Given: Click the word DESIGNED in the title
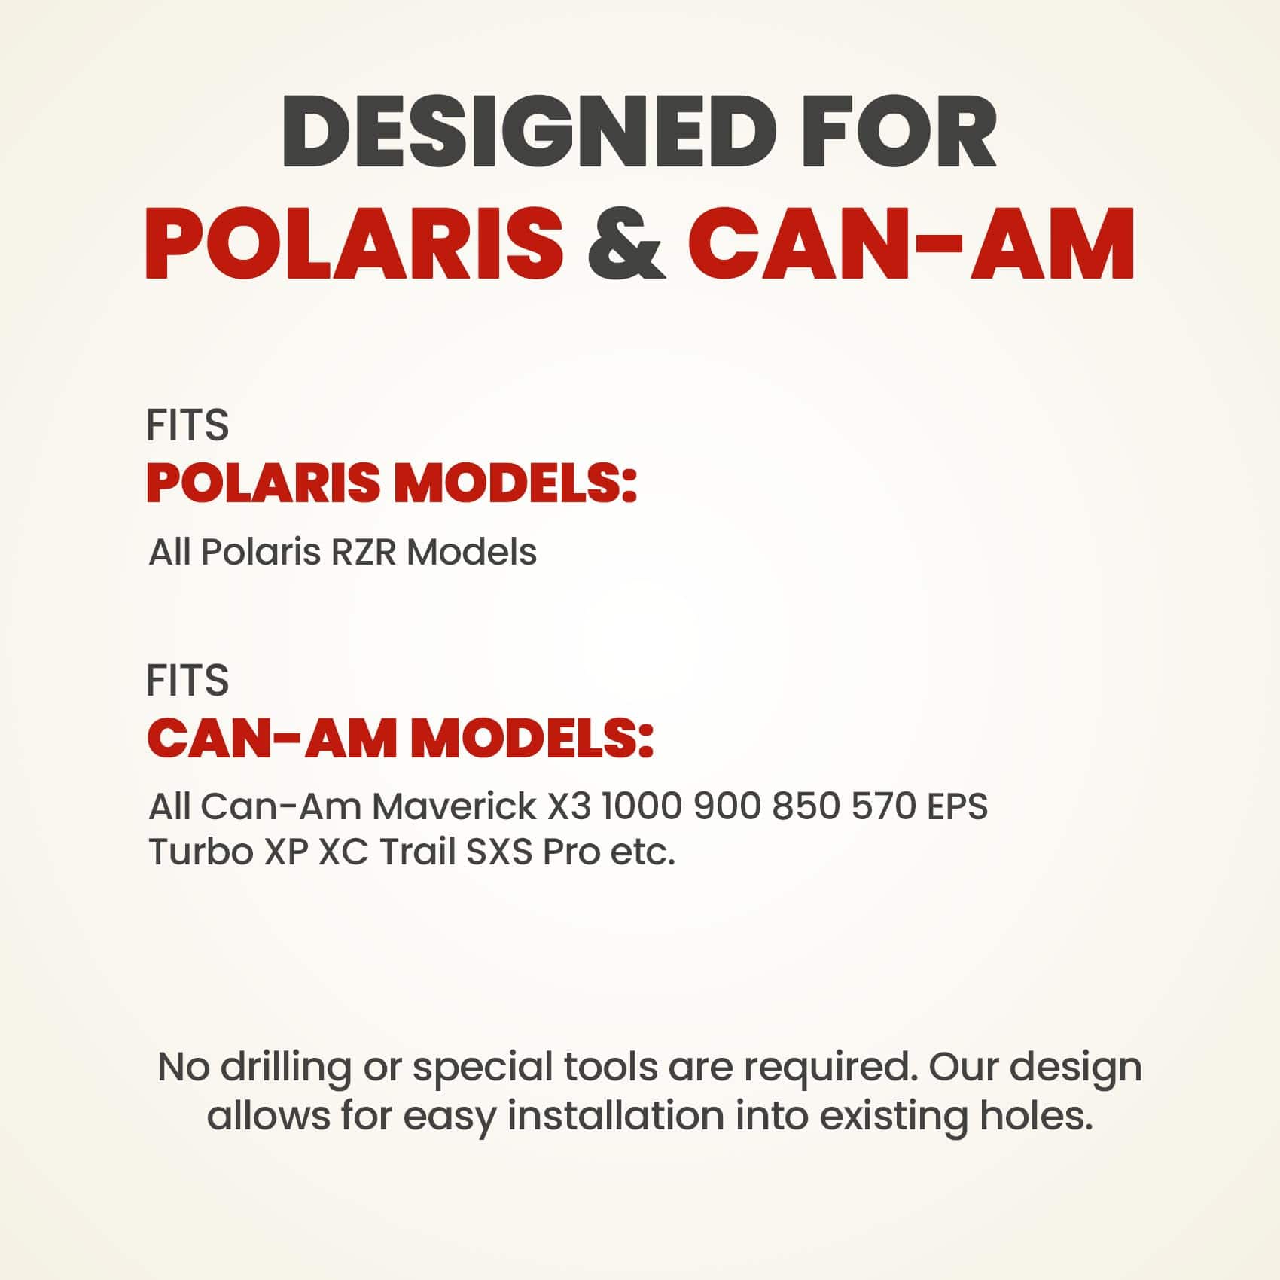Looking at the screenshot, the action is pyautogui.click(x=529, y=131).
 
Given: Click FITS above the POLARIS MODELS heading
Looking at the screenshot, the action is pyautogui.click(x=187, y=425).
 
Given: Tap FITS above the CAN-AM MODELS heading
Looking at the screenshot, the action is pyautogui.click(x=187, y=681).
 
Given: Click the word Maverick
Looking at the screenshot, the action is pyautogui.click(x=454, y=807).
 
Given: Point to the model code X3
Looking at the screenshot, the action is pyautogui.click(x=568, y=807).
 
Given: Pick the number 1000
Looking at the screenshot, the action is pyautogui.click(x=642, y=807).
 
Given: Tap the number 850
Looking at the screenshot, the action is pyautogui.click(x=806, y=807).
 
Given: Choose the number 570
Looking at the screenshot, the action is pyautogui.click(x=883, y=807).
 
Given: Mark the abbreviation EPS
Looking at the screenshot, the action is pyautogui.click(x=957, y=807).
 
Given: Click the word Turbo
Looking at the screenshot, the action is pyautogui.click(x=200, y=852).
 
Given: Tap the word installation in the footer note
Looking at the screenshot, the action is pyautogui.click(x=616, y=1116).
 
